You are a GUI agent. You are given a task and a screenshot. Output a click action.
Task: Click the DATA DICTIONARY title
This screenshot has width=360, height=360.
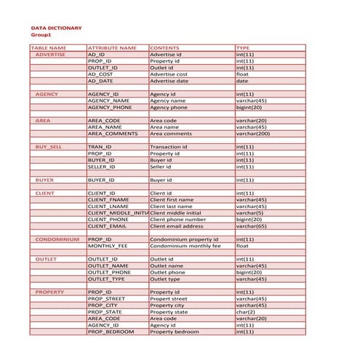56,28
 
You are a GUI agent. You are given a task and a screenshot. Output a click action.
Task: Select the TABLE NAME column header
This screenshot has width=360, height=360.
49,48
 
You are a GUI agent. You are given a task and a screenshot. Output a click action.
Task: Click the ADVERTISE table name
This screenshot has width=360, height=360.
50,55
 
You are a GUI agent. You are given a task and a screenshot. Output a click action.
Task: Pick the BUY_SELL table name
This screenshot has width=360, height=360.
49,147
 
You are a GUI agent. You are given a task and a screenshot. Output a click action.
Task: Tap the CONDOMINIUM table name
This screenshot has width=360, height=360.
57,239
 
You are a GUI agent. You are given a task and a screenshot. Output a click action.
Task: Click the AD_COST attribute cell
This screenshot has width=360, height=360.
100,74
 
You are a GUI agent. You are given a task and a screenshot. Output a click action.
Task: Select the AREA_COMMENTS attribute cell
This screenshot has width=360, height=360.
113,134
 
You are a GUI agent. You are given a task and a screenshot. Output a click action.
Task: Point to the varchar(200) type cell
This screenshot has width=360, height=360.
252,134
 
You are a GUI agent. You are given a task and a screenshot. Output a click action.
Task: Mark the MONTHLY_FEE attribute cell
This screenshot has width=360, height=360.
108,246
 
